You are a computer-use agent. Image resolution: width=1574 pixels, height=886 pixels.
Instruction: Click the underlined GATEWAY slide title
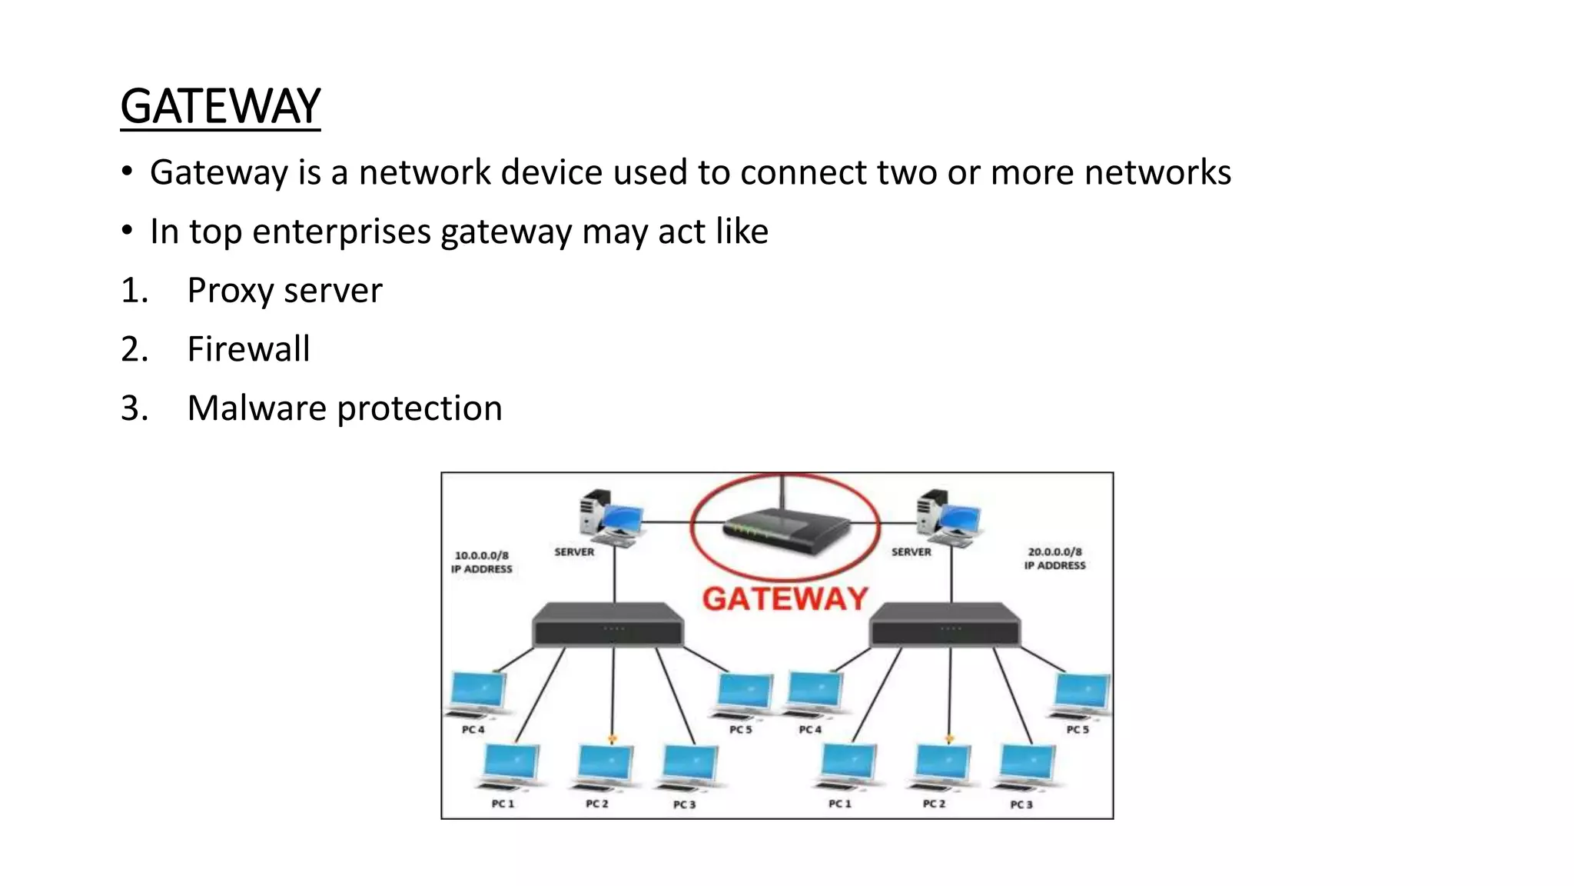[220, 106]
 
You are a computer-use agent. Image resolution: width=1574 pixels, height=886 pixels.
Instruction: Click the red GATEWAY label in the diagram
[785, 599]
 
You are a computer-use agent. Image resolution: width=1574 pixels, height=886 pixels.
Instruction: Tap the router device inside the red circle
[785, 530]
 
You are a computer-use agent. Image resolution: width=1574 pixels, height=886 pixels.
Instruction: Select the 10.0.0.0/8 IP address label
[481, 561]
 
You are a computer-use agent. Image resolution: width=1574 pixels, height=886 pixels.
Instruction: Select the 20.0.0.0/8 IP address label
[1054, 558]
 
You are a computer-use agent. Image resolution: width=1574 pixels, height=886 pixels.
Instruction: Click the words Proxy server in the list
[284, 291]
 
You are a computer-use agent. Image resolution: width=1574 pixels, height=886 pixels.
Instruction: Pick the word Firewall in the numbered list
[248, 349]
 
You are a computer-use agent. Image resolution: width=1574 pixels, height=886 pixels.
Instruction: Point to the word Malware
[257, 408]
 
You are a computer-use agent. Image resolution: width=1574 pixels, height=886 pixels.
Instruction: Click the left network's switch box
[608, 625]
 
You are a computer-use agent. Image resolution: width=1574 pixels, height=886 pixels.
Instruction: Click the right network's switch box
[945, 625]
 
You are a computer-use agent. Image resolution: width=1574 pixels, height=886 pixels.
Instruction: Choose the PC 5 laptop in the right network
[1081, 694]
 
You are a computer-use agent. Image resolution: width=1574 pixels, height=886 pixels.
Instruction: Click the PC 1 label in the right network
[839, 804]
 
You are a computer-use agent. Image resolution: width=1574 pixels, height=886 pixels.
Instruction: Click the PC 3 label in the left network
[684, 804]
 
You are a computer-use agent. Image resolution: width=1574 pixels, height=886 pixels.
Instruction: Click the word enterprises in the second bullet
[341, 232]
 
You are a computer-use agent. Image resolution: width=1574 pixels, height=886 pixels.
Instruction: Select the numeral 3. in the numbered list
[134, 408]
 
